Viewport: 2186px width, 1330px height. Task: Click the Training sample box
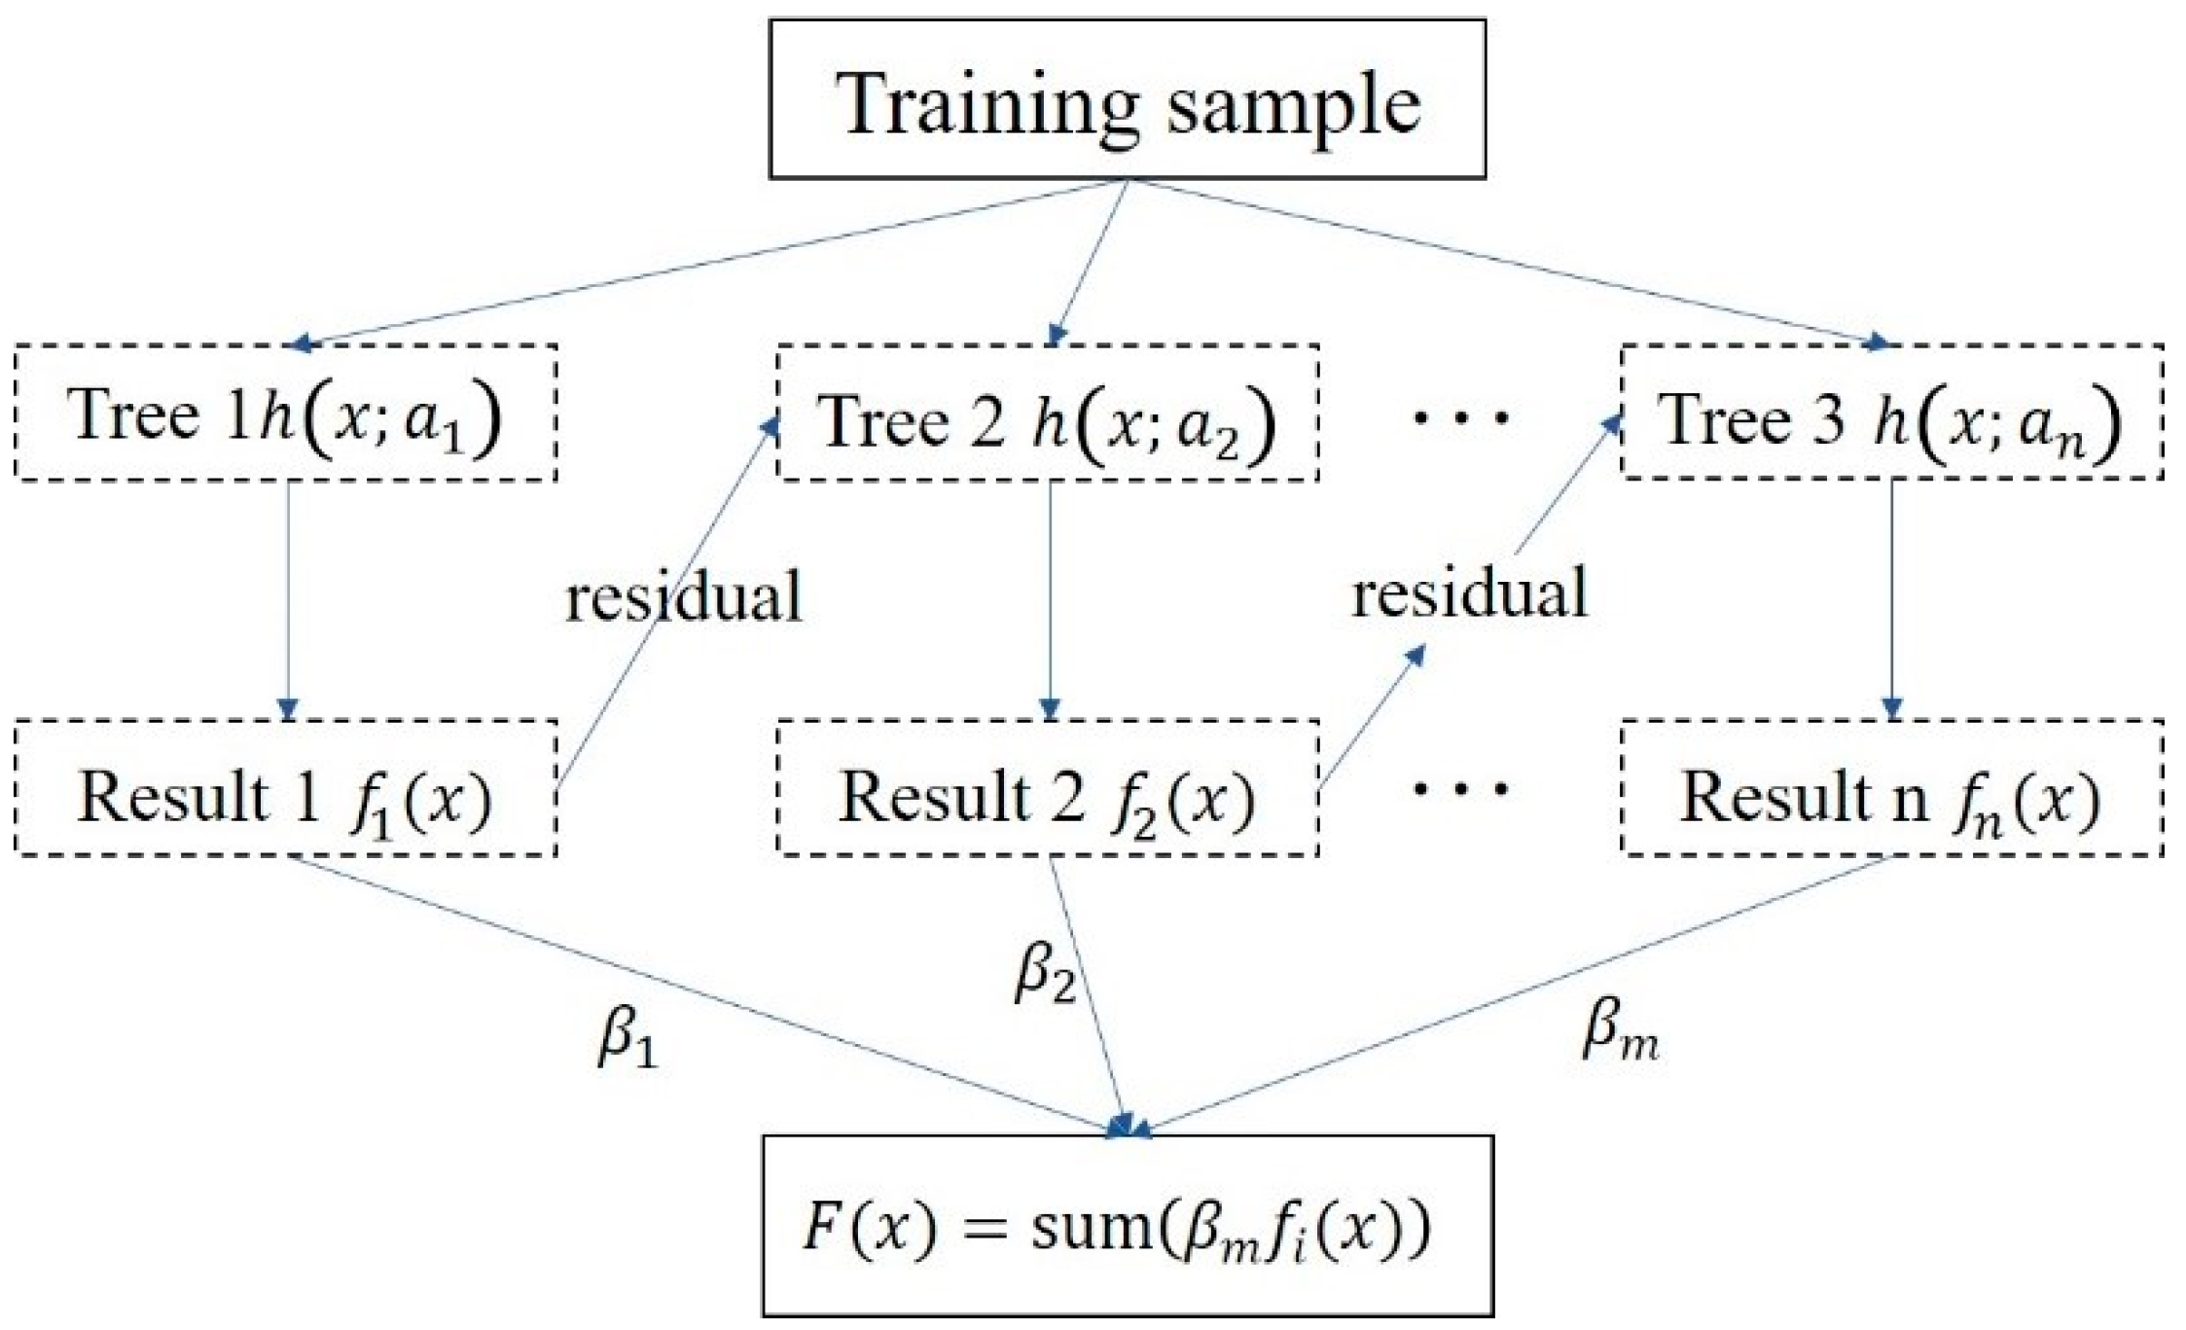(1127, 99)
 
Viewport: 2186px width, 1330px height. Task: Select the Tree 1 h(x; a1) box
(286, 413)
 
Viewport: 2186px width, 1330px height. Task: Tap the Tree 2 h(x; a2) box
(1048, 413)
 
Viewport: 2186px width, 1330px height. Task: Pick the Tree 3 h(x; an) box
(1891, 413)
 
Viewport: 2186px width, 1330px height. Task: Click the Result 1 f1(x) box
(286, 788)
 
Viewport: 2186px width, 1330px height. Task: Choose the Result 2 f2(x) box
(1048, 788)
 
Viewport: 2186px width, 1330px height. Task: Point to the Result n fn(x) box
(1891, 788)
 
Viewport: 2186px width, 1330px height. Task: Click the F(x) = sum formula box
(1127, 1225)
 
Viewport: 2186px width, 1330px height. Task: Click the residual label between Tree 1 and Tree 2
(684, 595)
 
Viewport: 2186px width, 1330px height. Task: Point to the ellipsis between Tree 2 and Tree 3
(1461, 418)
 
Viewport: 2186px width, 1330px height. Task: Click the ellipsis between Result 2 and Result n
(1461, 788)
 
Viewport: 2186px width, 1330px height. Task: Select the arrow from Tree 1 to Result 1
(287, 598)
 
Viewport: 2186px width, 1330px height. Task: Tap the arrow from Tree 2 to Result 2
(1049, 598)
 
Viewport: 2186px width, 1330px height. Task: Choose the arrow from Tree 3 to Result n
(1891, 598)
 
